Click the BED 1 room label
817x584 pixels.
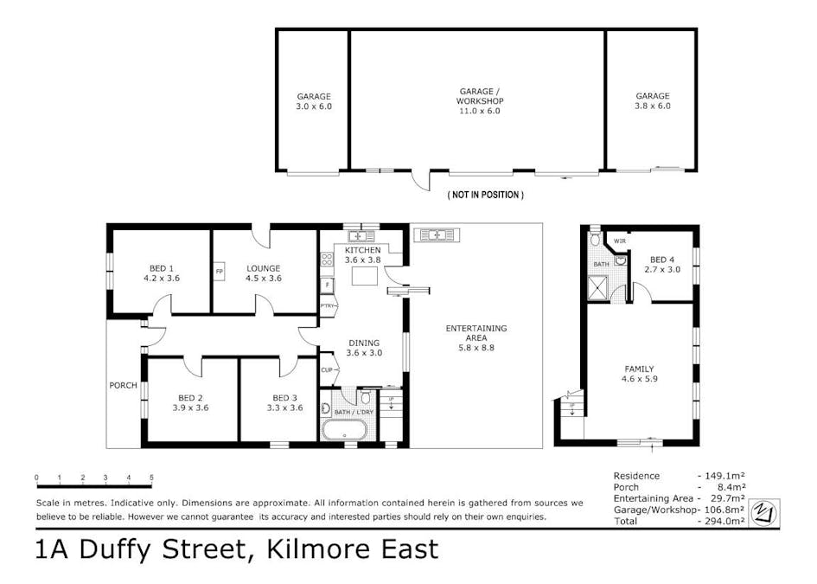click(x=161, y=268)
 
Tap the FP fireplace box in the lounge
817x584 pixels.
click(x=220, y=271)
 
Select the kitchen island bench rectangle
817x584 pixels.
click(x=365, y=275)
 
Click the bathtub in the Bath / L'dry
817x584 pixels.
click(x=344, y=430)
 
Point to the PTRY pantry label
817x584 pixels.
click(x=327, y=306)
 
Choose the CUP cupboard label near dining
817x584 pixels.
click(x=327, y=370)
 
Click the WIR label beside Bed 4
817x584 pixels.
click(x=620, y=241)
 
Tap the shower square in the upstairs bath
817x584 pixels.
click(x=600, y=288)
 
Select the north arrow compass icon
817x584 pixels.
click(x=764, y=512)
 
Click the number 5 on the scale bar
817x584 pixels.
click(x=151, y=477)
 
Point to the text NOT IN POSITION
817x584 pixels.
click(x=486, y=195)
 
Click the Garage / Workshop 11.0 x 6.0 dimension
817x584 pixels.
click(x=479, y=111)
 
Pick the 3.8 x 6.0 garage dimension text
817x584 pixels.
click(x=653, y=106)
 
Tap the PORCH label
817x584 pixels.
click(x=123, y=385)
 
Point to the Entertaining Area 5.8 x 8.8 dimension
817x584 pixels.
click(x=476, y=348)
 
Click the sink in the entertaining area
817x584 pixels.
click(x=437, y=235)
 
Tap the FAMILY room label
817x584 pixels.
click(x=639, y=369)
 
